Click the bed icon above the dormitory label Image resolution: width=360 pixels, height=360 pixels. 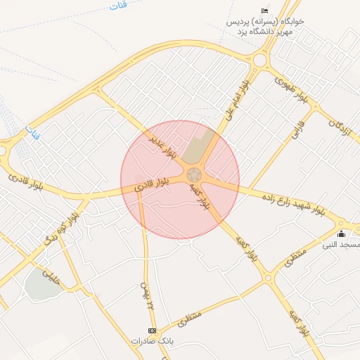pos(264,11)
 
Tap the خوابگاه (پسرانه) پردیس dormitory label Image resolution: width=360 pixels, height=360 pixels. pos(266,22)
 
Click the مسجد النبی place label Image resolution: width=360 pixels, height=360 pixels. pos(341,245)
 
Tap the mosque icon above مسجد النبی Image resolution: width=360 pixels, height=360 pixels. pos(342,234)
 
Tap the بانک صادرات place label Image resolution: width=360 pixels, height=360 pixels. pos(151,340)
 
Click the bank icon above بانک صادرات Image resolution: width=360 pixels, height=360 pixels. pos(151,330)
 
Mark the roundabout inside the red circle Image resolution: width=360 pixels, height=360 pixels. pos(195,174)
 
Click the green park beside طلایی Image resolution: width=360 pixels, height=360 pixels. pos(42,284)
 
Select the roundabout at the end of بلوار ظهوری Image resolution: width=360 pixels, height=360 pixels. pos(260,60)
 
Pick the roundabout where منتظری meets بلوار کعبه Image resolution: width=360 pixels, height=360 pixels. pos(268,278)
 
